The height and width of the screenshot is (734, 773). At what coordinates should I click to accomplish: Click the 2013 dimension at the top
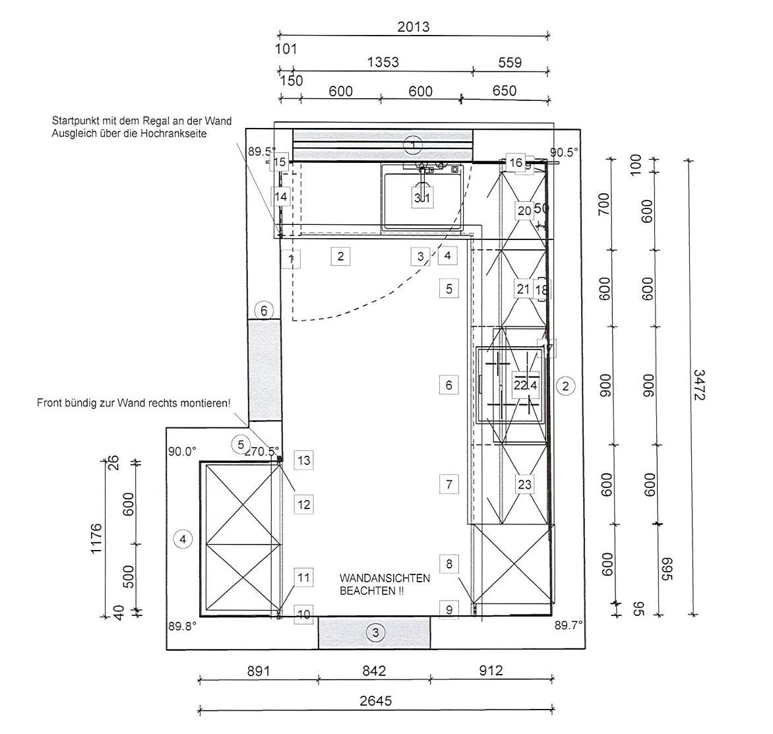pos(413,26)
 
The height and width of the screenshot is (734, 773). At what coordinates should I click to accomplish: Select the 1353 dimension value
pos(383,62)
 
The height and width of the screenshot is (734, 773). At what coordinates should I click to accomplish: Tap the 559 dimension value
pos(510,62)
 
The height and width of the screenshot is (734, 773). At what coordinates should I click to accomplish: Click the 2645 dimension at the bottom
pos(375,700)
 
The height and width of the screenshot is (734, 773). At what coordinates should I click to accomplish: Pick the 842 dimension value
pos(373,671)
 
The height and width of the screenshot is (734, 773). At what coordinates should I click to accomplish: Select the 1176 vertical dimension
pos(96,539)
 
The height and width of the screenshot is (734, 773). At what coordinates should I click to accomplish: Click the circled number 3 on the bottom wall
pos(375,633)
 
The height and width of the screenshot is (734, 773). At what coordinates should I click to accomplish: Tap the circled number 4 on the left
pos(183,539)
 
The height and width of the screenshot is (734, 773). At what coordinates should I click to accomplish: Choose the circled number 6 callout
pos(264,310)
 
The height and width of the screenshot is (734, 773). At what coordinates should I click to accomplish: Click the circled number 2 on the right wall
pos(565,386)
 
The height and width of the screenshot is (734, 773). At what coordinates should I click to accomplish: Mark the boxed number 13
pos(303,460)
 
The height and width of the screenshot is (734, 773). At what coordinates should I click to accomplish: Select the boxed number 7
pos(448,484)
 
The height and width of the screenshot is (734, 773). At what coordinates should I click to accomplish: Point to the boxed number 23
pos(524,485)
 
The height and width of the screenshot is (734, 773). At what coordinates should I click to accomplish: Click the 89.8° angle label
pos(182,627)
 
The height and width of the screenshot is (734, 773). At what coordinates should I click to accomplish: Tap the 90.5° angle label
pos(565,151)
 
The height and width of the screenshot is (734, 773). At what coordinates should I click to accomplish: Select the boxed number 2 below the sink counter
pos(340,256)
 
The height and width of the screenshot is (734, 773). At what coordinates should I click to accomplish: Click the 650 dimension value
pos(505,91)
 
